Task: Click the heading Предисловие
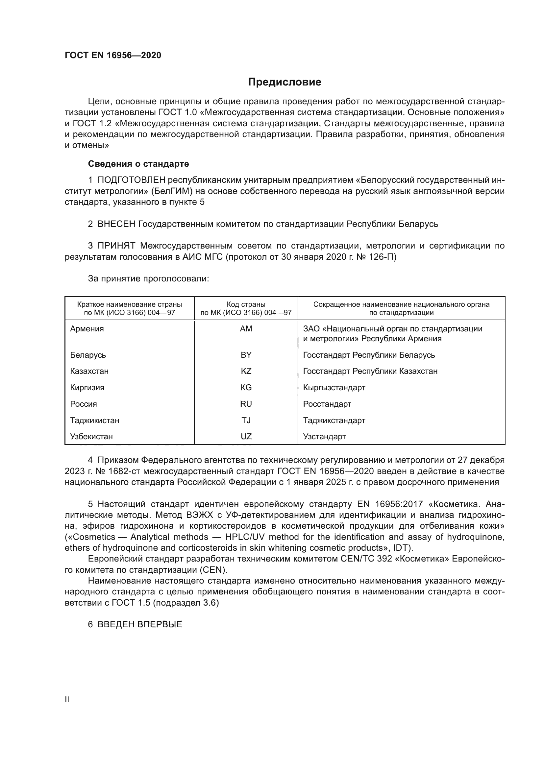[284, 82]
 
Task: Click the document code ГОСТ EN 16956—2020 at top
[113, 55]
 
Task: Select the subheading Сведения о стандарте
[138, 164]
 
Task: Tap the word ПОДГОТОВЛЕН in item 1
[131, 180]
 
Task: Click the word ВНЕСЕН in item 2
[116, 224]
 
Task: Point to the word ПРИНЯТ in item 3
[116, 246]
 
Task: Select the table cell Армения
[87, 328]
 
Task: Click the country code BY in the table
[246, 355]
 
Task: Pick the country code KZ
[246, 371]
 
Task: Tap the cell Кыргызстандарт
[334, 388]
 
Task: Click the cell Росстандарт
[327, 404]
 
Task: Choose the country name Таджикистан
[94, 421]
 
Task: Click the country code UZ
[246, 436]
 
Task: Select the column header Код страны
[246, 304]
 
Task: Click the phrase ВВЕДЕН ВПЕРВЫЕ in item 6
[140, 624]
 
